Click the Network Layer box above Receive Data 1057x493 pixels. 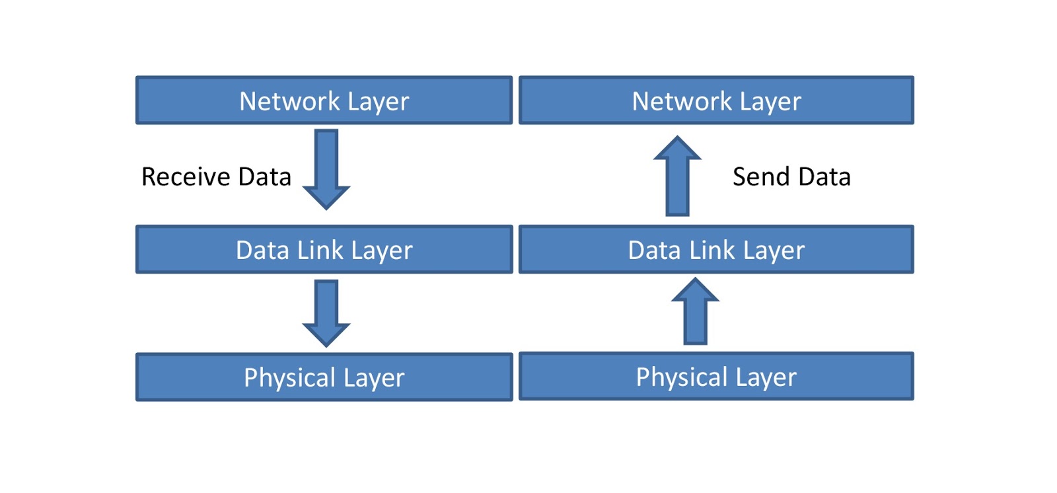[x=324, y=100]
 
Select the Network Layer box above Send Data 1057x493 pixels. [x=716, y=100]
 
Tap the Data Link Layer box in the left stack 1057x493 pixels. [x=324, y=250]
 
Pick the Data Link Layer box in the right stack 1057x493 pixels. [x=716, y=250]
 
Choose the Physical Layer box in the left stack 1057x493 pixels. [x=324, y=377]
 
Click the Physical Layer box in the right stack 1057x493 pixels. [x=716, y=377]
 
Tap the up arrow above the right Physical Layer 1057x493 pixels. [x=695, y=311]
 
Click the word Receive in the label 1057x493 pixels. [x=186, y=177]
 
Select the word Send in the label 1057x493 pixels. [x=761, y=177]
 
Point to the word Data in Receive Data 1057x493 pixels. [x=264, y=177]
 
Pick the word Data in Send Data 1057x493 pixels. [x=824, y=177]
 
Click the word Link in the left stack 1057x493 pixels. [x=320, y=250]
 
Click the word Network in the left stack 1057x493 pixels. [x=289, y=101]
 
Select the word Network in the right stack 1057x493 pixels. [x=682, y=101]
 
